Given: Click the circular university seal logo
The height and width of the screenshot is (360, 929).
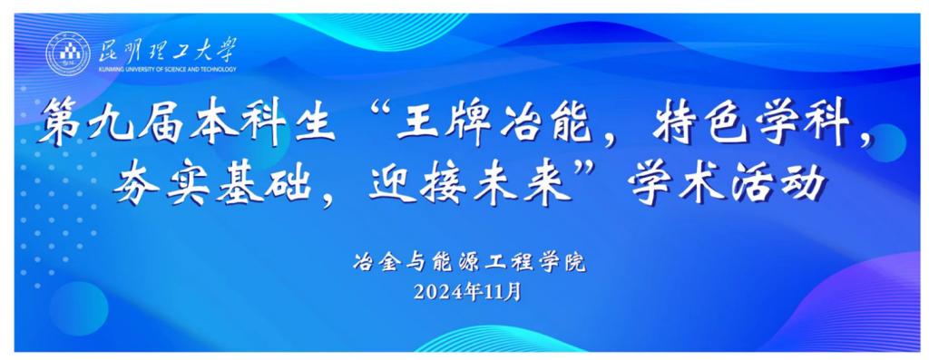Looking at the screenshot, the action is click(68, 54).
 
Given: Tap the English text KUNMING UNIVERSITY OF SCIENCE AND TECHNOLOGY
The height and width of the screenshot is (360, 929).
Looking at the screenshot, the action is click(167, 70).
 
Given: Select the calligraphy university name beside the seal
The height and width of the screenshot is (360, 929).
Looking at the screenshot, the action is click(167, 50).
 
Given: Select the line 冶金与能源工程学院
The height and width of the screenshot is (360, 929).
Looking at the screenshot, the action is click(469, 262).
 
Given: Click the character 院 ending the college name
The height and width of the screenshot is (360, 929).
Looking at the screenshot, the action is click(574, 262).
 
